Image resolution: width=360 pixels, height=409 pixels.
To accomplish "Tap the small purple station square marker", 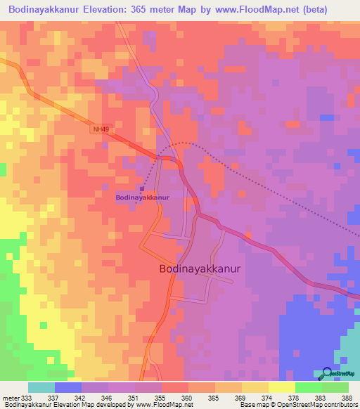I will (x=142, y=188).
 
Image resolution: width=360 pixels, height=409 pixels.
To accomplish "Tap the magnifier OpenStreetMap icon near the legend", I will (x=328, y=373).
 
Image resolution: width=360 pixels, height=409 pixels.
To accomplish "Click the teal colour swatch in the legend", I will (x=41, y=387).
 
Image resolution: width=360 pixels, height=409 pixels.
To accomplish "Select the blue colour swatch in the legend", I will (x=68, y=387).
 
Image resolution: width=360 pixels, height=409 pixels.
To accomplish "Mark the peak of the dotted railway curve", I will (x=184, y=143).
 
